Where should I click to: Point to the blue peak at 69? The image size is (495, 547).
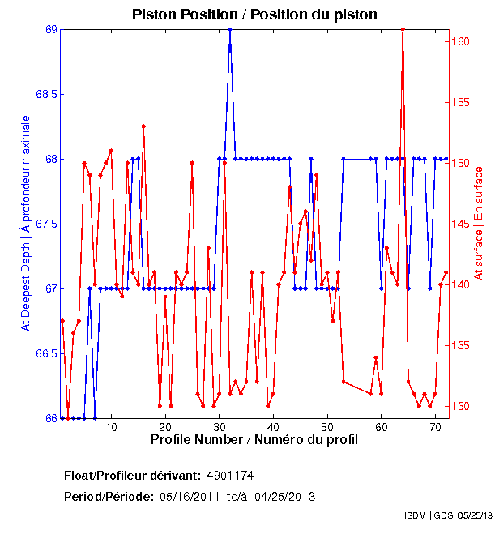point(230,29)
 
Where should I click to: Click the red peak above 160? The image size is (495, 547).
point(403,29)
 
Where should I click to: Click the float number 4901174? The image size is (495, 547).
point(236,475)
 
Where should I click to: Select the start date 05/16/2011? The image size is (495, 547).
point(189,496)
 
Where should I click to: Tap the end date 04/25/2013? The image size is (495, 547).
point(284,496)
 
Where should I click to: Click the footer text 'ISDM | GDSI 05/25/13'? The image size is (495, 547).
point(448,515)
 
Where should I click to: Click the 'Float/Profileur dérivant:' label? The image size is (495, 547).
point(132,475)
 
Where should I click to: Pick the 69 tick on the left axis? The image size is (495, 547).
point(50,29)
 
